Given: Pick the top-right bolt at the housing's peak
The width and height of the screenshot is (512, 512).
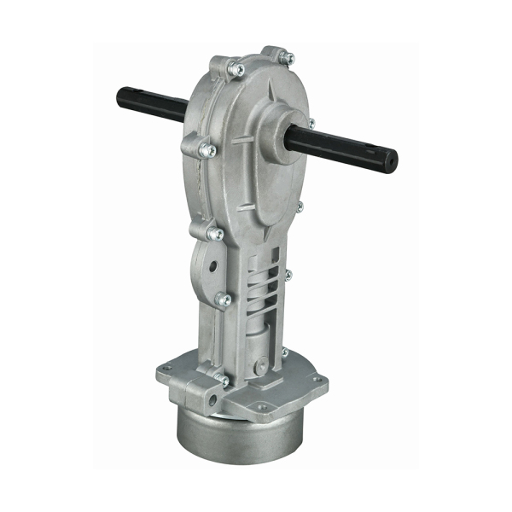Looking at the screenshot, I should point(288,58).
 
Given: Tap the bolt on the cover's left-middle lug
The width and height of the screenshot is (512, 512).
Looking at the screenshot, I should point(206,151).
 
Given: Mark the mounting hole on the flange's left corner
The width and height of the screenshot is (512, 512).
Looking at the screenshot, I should point(167,369).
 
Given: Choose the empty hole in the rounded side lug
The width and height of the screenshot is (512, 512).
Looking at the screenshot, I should point(201,259).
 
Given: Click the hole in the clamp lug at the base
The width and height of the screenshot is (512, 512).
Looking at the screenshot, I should point(192,393).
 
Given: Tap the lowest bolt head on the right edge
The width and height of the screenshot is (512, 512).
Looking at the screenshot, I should point(285,352).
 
